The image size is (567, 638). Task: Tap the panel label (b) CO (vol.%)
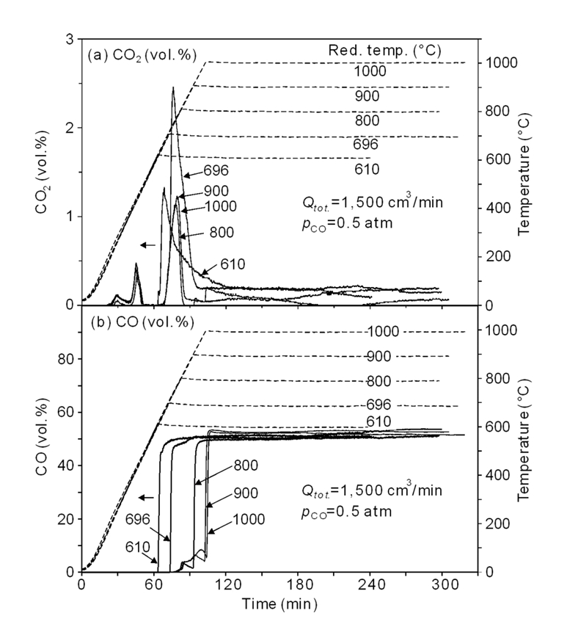[x=137, y=322]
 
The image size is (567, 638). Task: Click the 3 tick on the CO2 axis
[x=70, y=39]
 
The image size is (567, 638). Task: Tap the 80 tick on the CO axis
[x=65, y=359]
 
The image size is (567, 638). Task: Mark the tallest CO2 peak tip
[x=173, y=87]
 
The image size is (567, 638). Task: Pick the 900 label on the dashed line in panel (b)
[x=380, y=356]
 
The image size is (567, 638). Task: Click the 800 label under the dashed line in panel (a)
[x=365, y=120]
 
